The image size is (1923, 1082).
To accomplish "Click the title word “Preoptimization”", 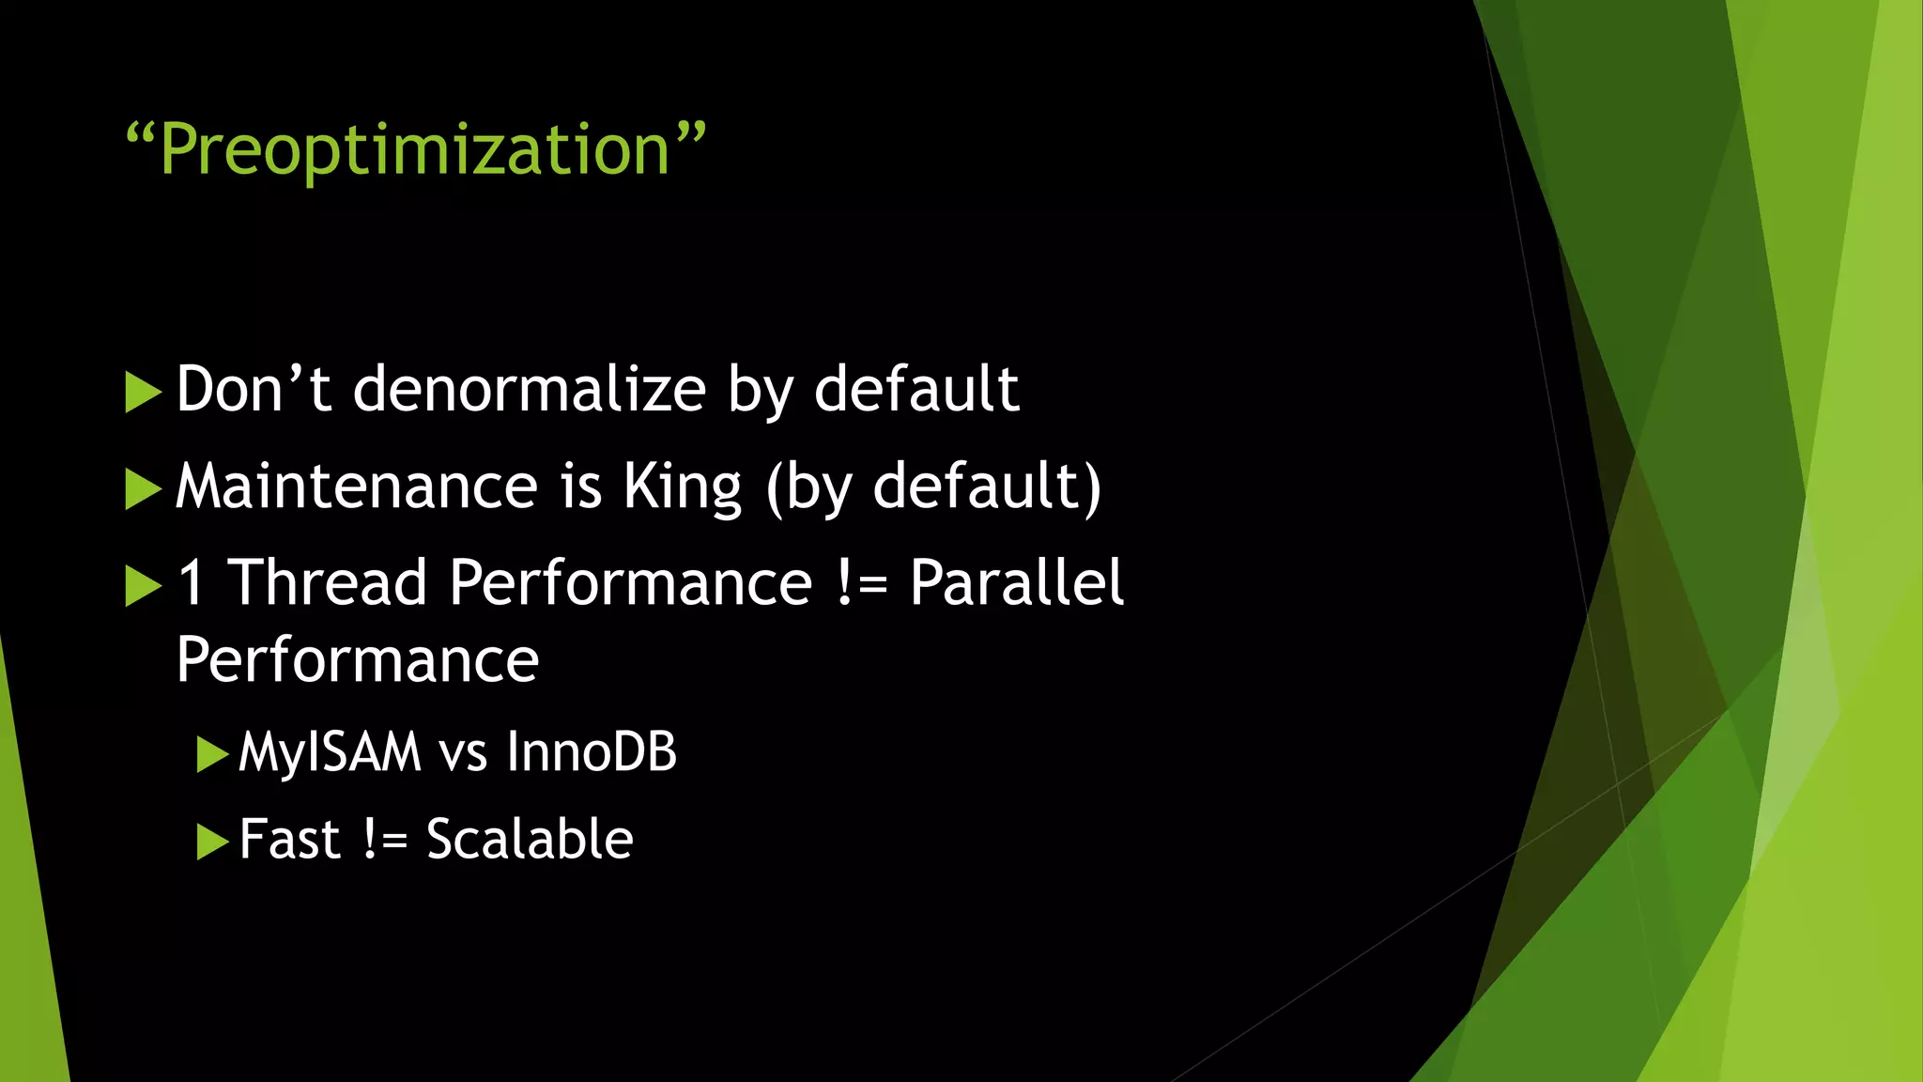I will click(415, 150).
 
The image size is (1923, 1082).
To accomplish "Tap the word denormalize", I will click(530, 389).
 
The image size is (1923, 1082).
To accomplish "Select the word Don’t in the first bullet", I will click(254, 389).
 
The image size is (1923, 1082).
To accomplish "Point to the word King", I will click(683, 487).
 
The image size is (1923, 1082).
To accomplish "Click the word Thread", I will click(328, 582).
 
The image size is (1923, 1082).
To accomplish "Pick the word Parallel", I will click(1016, 582).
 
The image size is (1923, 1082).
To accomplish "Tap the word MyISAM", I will click(330, 753).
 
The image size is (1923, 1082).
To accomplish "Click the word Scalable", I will click(530, 840).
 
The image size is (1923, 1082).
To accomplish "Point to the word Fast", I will click(289, 840).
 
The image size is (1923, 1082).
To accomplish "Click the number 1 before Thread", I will click(192, 582).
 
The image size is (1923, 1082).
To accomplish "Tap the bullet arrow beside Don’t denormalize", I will click(143, 392).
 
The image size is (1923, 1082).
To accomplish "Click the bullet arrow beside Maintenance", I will click(143, 489).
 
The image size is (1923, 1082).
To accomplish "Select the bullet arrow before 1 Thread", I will click(143, 586).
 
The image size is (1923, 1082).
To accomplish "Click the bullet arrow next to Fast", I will click(213, 842).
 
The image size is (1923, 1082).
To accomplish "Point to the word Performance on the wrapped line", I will click(358, 659).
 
